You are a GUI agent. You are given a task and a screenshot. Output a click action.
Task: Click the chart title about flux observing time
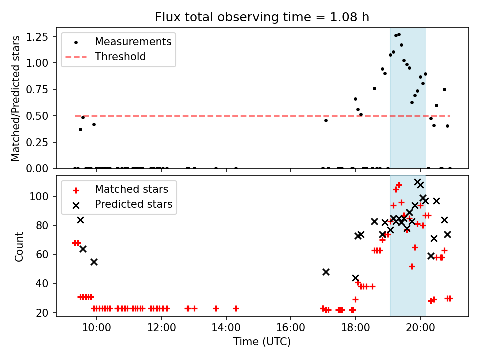click(262, 17)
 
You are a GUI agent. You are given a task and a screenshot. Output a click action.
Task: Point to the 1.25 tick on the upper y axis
click(37, 37)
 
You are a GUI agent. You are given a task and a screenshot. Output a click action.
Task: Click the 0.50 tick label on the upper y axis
click(37, 116)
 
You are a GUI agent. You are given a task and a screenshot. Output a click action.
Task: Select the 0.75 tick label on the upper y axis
click(37, 89)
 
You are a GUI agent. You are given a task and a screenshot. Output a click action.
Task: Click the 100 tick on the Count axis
click(39, 196)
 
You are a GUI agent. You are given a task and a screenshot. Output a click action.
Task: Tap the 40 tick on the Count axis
click(42, 284)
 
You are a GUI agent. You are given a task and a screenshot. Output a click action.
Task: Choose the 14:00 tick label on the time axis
click(226, 328)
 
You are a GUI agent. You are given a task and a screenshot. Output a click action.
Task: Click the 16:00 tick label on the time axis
click(291, 328)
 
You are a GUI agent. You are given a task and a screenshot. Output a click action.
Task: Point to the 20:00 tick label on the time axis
click(420, 328)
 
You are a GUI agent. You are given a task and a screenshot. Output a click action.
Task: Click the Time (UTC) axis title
click(262, 341)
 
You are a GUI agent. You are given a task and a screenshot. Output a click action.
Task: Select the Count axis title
click(19, 247)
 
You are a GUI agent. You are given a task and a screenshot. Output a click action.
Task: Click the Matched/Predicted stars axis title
click(15, 98)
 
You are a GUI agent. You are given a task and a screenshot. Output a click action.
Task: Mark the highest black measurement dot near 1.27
click(399, 35)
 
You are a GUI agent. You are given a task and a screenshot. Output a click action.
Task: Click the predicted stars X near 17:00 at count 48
click(326, 272)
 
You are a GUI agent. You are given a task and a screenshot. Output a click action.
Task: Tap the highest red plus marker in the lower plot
click(399, 185)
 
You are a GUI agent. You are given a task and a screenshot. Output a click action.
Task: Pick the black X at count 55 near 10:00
click(94, 262)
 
